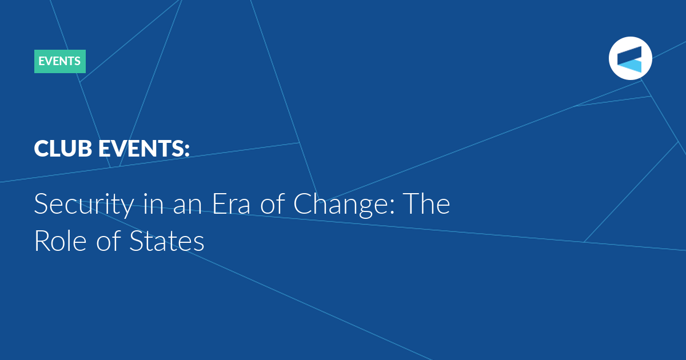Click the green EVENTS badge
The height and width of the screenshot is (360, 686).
(60, 61)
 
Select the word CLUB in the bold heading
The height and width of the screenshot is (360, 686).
(63, 149)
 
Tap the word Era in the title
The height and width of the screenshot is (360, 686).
(231, 204)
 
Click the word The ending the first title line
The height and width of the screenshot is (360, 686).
(426, 204)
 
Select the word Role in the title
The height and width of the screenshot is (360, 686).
(61, 241)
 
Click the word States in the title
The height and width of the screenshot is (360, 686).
(167, 241)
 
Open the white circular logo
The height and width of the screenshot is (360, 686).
(630, 58)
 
